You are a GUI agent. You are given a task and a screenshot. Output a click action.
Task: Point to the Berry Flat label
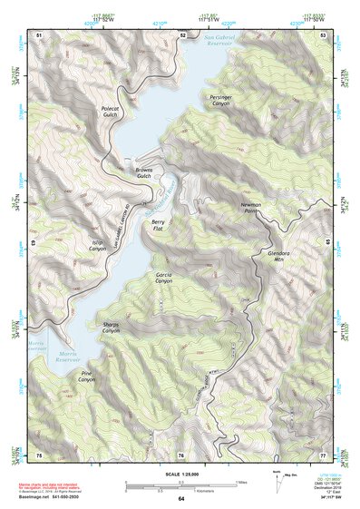[x=158, y=226]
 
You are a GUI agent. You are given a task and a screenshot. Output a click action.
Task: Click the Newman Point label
[x=251, y=209]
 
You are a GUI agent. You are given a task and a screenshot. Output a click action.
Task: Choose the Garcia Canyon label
[x=163, y=278]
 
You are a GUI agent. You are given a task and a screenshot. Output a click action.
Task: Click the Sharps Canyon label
[x=111, y=328]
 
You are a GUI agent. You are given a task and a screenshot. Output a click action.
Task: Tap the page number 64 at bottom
[x=181, y=499]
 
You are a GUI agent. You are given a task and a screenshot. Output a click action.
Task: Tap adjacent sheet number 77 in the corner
[x=323, y=455]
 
